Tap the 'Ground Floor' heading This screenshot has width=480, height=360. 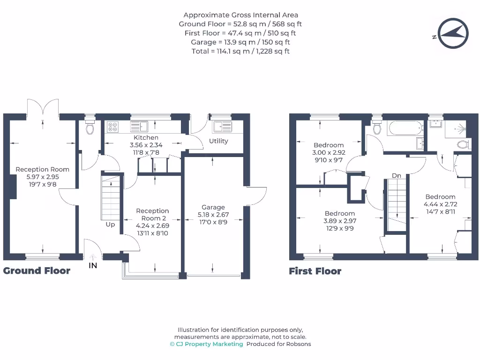37,270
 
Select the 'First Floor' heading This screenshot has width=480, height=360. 315,271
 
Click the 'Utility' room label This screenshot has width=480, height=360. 218,141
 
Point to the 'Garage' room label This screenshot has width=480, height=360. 213,207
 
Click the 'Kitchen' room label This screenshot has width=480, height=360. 146,137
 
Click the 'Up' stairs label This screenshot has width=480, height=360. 110,225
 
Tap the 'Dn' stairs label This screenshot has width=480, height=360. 397,175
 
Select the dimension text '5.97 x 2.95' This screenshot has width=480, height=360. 42,177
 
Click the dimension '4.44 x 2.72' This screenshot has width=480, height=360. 440,204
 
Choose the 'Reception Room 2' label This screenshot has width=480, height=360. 152,214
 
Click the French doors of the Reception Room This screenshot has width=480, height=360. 43,108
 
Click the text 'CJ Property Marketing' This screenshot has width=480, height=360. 209,344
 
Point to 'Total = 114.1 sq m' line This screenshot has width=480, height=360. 240,51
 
